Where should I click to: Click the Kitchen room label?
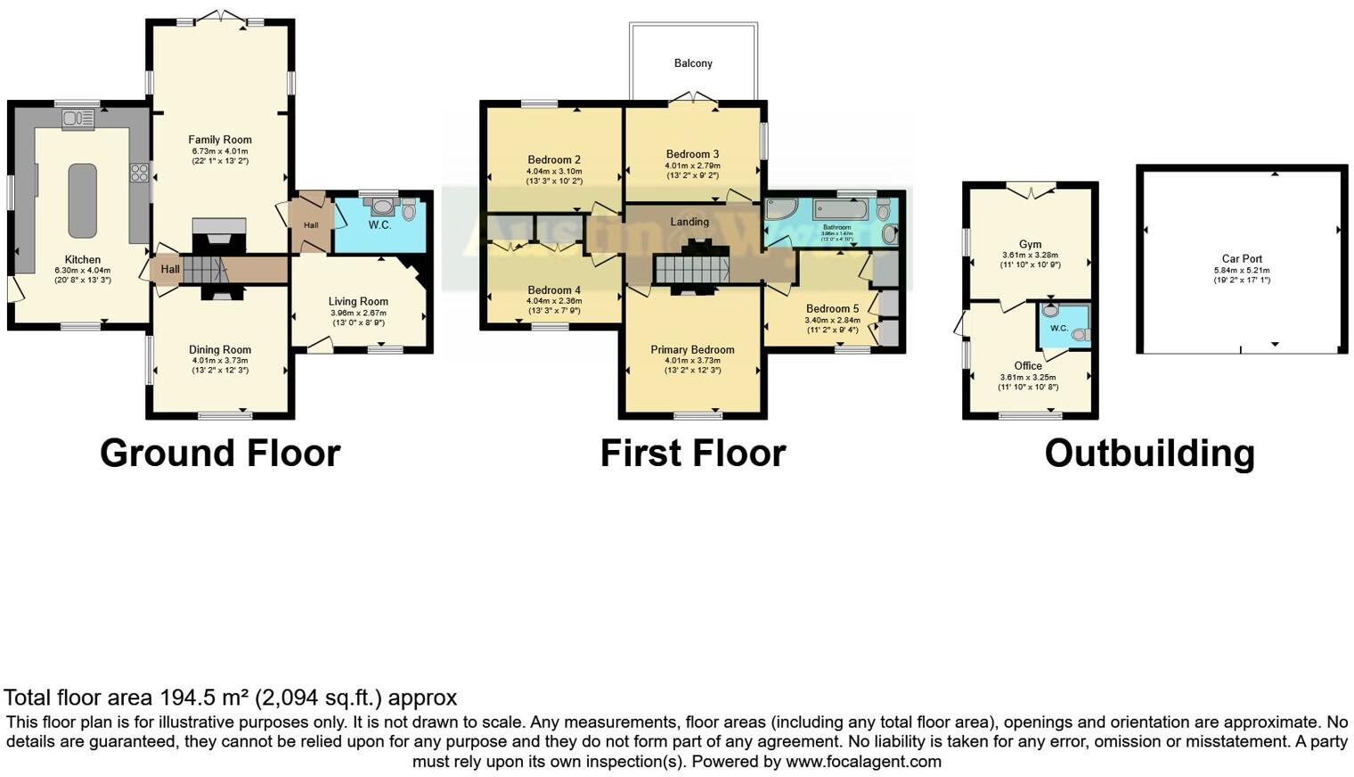[83, 260]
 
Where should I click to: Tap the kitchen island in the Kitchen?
[82, 200]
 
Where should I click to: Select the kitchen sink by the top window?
[78, 119]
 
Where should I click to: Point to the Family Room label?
[220, 140]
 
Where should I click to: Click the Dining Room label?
[220, 350]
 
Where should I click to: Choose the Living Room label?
[358, 302]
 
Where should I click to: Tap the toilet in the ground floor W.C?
[409, 211]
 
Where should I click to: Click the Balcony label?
[693, 63]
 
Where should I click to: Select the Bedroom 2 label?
[554, 160]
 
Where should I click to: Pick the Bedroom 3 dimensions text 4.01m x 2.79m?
[693, 166]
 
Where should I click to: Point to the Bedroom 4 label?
[554, 290]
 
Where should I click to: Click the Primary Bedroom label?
[692, 350]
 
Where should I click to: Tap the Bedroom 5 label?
[832, 309]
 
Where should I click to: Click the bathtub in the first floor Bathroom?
[840, 210]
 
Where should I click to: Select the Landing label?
[689, 222]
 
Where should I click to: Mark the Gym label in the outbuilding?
[1030, 245]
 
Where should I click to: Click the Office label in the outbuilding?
[1028, 366]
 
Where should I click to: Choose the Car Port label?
[1242, 259]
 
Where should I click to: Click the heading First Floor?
[692, 454]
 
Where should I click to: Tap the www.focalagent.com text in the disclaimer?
[863, 762]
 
